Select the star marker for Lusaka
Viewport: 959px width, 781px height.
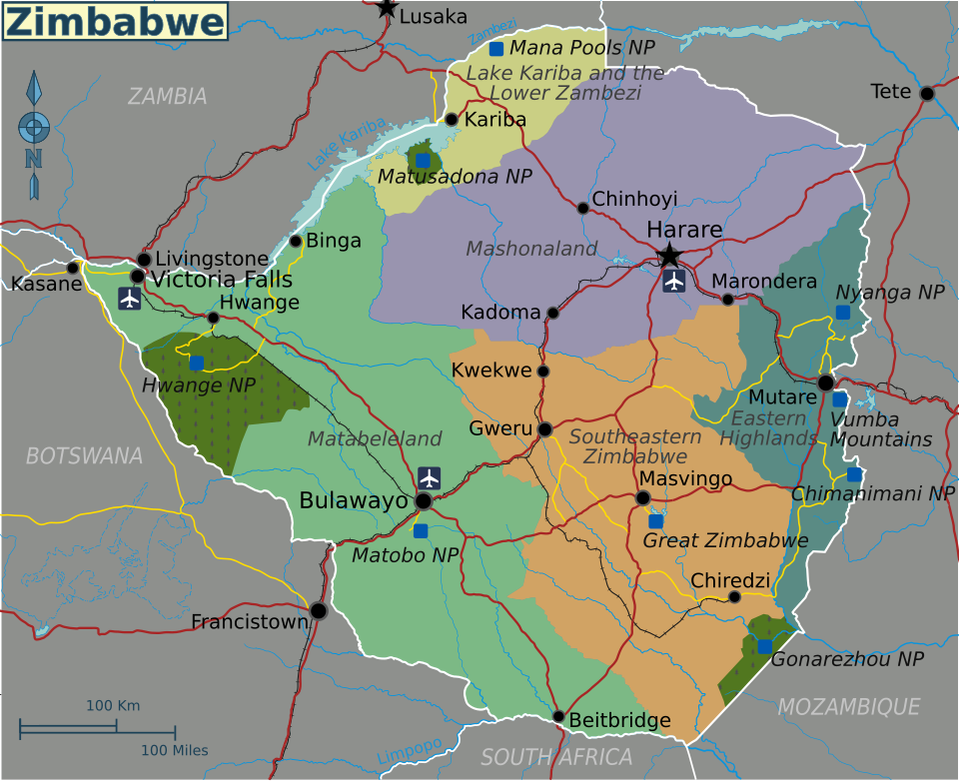click(387, 9)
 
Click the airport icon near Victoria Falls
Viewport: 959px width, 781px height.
click(129, 298)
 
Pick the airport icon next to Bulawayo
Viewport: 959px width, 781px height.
click(430, 477)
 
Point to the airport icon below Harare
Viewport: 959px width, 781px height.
click(674, 281)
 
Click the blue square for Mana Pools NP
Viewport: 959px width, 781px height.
click(496, 48)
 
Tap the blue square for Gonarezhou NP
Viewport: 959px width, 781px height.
click(764, 646)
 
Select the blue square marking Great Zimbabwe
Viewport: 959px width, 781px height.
click(655, 520)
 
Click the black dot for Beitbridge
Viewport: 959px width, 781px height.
click(558, 716)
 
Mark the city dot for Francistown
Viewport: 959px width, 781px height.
click(319, 610)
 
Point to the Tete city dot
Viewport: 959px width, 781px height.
click(927, 93)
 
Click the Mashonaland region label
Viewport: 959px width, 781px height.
click(531, 249)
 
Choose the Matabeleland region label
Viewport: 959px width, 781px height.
click(375, 438)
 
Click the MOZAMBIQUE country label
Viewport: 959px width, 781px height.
click(848, 707)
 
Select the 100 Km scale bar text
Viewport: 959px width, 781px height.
click(113, 705)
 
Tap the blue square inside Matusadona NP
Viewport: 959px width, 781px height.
click(423, 160)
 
